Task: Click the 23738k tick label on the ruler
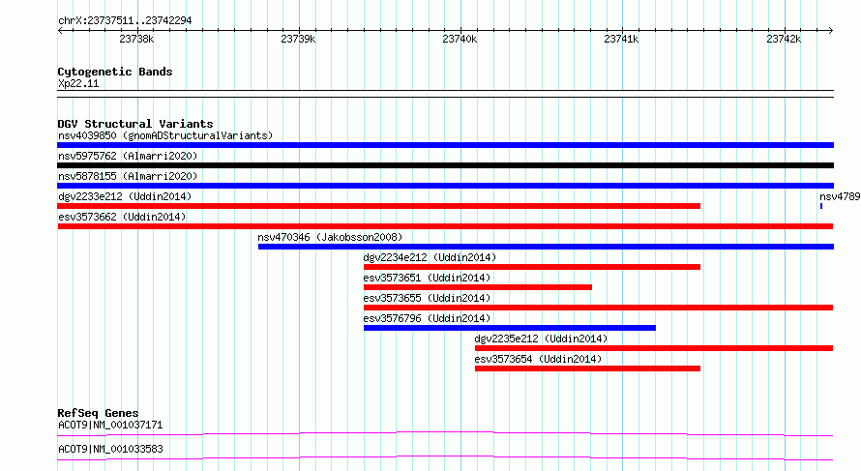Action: [x=136, y=40]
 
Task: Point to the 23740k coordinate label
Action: [x=460, y=40]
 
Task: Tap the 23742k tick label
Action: [x=784, y=40]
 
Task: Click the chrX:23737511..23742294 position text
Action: [x=125, y=21]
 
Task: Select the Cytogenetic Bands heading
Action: [x=115, y=72]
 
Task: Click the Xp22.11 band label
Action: [x=78, y=83]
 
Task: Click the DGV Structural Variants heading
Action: [x=135, y=124]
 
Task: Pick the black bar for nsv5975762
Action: [x=445, y=165]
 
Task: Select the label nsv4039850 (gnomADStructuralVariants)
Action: [x=165, y=135]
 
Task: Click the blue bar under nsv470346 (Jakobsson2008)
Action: [x=546, y=247]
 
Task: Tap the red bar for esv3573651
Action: [x=478, y=287]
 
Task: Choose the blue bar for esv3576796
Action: [x=510, y=328]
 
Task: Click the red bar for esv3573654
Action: [x=587, y=368]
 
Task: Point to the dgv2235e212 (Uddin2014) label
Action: [x=541, y=339]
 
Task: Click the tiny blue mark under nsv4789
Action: [x=821, y=206]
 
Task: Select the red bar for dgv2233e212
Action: [x=379, y=206]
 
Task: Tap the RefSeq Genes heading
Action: [x=99, y=413]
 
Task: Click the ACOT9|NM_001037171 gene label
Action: [x=110, y=425]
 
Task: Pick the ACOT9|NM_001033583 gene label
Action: [x=110, y=449]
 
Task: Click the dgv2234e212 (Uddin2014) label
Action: [x=430, y=257]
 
